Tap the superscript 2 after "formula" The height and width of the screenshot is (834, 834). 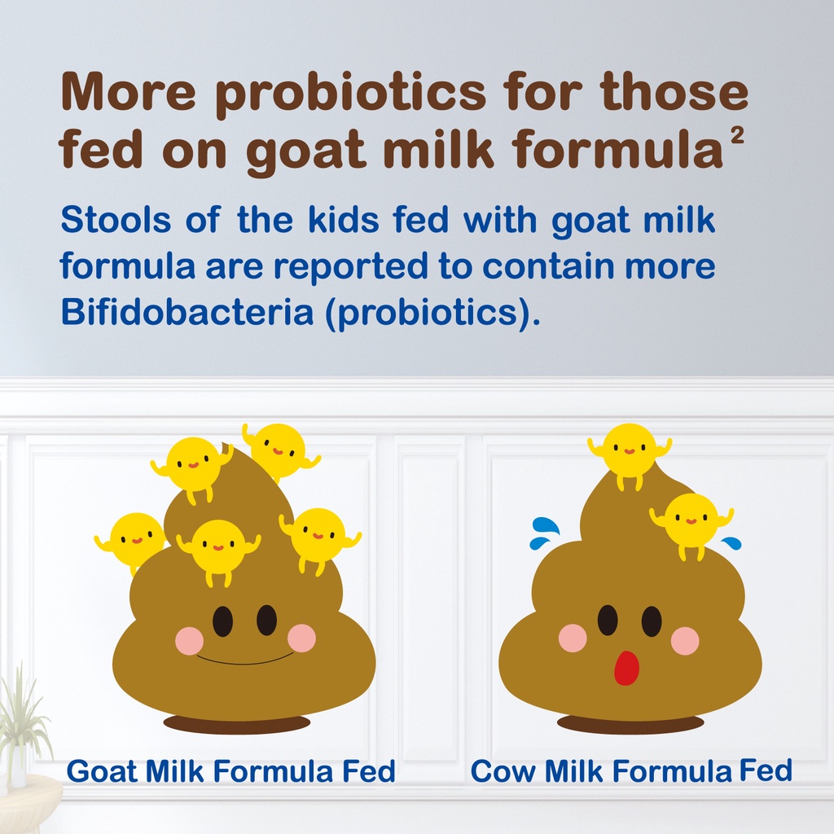(x=736, y=137)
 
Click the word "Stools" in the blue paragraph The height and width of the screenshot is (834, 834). (x=116, y=219)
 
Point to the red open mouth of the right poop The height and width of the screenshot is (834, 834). (x=626, y=668)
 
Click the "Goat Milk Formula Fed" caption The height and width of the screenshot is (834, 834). (x=230, y=770)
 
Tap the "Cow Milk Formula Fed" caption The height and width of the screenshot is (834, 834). (x=631, y=770)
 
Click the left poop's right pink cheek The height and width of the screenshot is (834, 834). (x=301, y=638)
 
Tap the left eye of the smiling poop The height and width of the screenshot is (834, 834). (x=223, y=621)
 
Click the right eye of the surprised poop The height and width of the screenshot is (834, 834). (x=651, y=621)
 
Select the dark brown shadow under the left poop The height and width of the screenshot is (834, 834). (x=236, y=723)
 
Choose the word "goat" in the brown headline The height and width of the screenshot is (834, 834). (x=305, y=151)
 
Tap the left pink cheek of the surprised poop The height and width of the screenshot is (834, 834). (x=573, y=638)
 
